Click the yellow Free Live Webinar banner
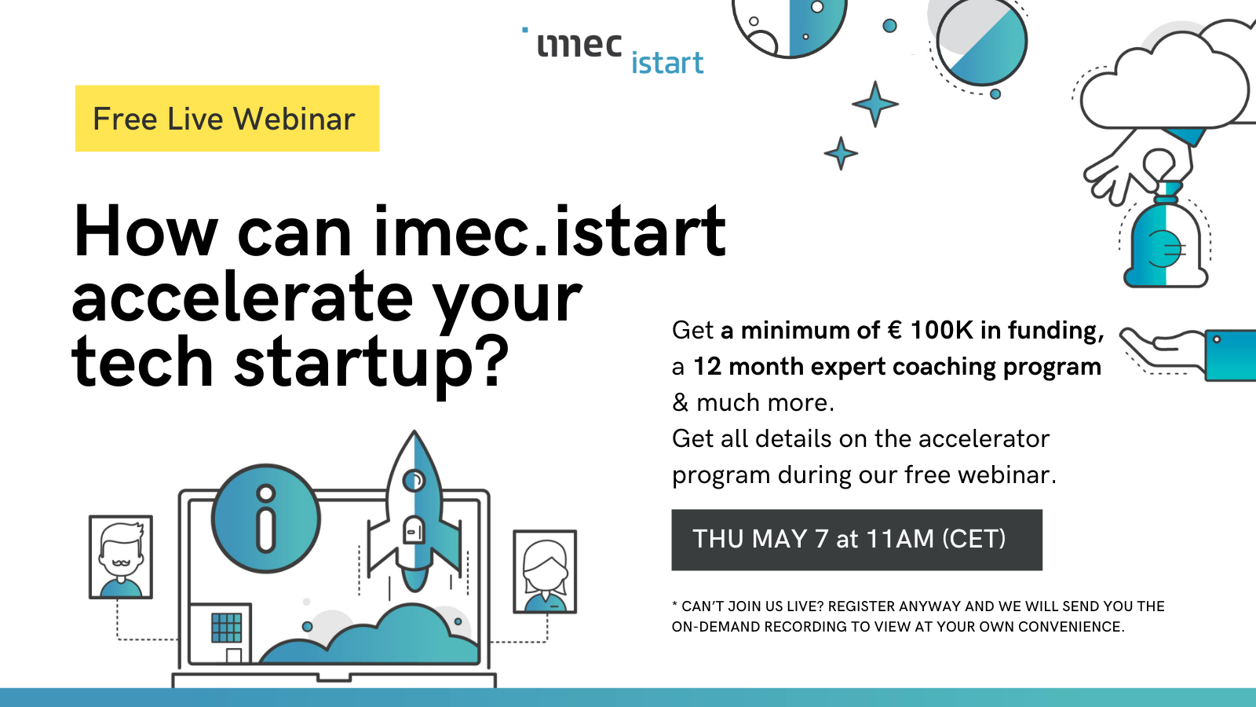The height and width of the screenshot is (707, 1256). [227, 119]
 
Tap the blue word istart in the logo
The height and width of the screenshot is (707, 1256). [667, 63]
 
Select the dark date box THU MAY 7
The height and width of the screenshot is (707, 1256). [856, 540]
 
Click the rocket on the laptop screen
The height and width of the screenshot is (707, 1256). [414, 511]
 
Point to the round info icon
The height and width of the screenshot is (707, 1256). [266, 518]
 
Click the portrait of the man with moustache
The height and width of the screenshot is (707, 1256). [121, 557]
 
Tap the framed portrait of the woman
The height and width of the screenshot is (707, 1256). [545, 571]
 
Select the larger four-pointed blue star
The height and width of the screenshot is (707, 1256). [875, 104]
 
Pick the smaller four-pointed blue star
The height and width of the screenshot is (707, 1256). [841, 152]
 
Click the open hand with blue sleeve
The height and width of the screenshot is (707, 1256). [1188, 353]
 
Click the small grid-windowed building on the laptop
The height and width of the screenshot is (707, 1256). [221, 633]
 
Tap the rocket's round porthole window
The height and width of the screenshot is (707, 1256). [414, 480]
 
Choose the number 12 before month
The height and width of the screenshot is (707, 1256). [707, 366]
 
